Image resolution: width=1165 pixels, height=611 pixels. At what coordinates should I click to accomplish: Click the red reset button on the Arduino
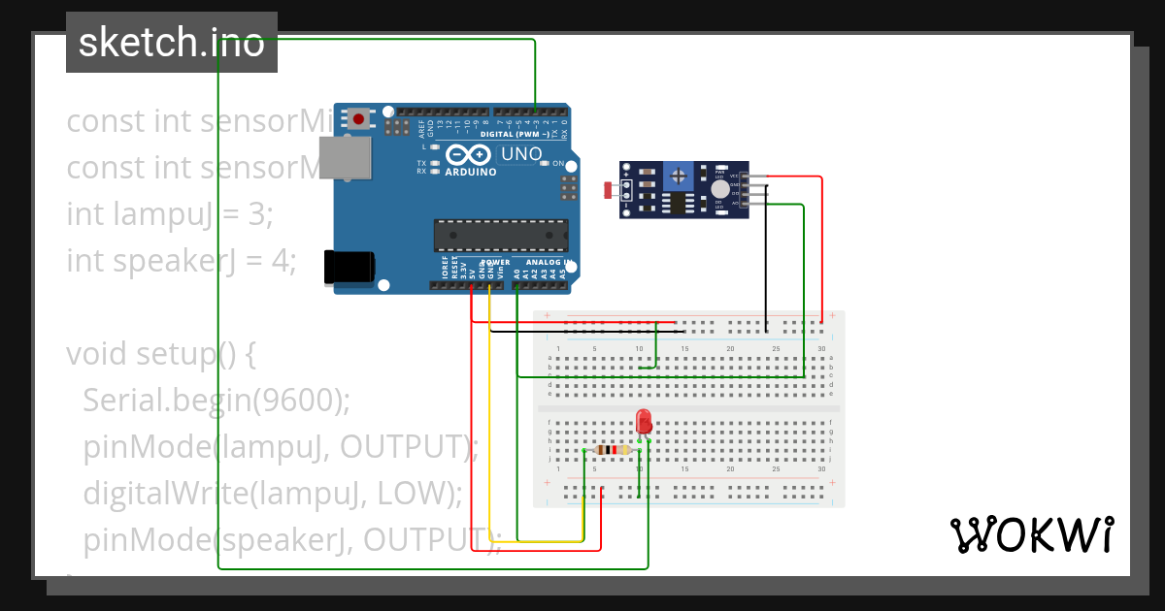[359, 119]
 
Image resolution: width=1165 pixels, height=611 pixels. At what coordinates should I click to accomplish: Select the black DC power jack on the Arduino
[349, 267]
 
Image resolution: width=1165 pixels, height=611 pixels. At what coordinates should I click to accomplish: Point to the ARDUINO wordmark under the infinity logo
[471, 172]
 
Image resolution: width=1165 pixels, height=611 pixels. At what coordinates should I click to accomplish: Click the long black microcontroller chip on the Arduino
[501, 236]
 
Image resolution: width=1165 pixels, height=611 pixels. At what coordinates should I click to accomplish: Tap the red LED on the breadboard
[643, 422]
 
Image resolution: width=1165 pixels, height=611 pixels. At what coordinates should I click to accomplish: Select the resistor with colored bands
[612, 449]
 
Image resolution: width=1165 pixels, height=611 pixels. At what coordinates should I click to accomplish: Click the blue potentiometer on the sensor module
[679, 176]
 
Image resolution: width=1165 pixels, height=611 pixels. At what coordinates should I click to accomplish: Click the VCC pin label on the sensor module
[735, 176]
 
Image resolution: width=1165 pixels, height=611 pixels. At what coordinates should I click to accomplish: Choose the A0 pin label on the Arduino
[516, 273]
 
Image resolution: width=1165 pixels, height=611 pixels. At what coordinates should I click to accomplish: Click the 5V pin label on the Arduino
[473, 273]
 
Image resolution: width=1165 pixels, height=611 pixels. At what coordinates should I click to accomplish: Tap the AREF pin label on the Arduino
[421, 126]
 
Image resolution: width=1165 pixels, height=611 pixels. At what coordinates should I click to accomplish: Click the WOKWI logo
[1031, 534]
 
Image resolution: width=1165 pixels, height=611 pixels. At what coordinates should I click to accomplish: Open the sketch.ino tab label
[171, 43]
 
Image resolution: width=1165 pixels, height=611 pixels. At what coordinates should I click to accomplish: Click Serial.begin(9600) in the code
[216, 400]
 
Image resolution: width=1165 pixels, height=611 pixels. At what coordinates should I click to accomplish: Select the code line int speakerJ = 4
[181, 260]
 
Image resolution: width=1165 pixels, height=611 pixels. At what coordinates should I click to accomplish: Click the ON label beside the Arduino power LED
[558, 163]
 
